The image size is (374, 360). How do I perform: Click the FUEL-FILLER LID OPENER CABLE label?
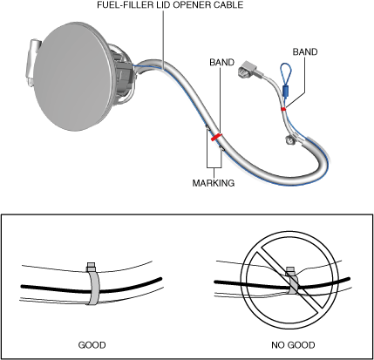pos(170,5)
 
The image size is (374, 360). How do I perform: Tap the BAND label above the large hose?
pos(221,63)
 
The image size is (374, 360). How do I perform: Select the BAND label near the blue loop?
pos(305,51)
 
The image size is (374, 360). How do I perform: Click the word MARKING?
pos(214,183)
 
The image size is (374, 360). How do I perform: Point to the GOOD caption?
pos(92,345)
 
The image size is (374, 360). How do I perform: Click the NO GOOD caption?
pos(293,345)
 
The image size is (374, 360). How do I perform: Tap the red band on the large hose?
pos(217,137)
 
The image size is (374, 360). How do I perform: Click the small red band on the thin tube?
pos(283,109)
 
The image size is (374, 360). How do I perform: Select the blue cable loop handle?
pos(286,72)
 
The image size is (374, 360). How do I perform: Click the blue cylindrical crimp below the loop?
pos(286,92)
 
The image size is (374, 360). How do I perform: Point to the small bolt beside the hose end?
pos(289,139)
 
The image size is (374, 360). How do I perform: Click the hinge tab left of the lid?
pos(33,62)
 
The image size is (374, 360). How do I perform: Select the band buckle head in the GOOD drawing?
pos(92,267)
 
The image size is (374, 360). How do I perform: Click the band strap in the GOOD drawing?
pos(93,288)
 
